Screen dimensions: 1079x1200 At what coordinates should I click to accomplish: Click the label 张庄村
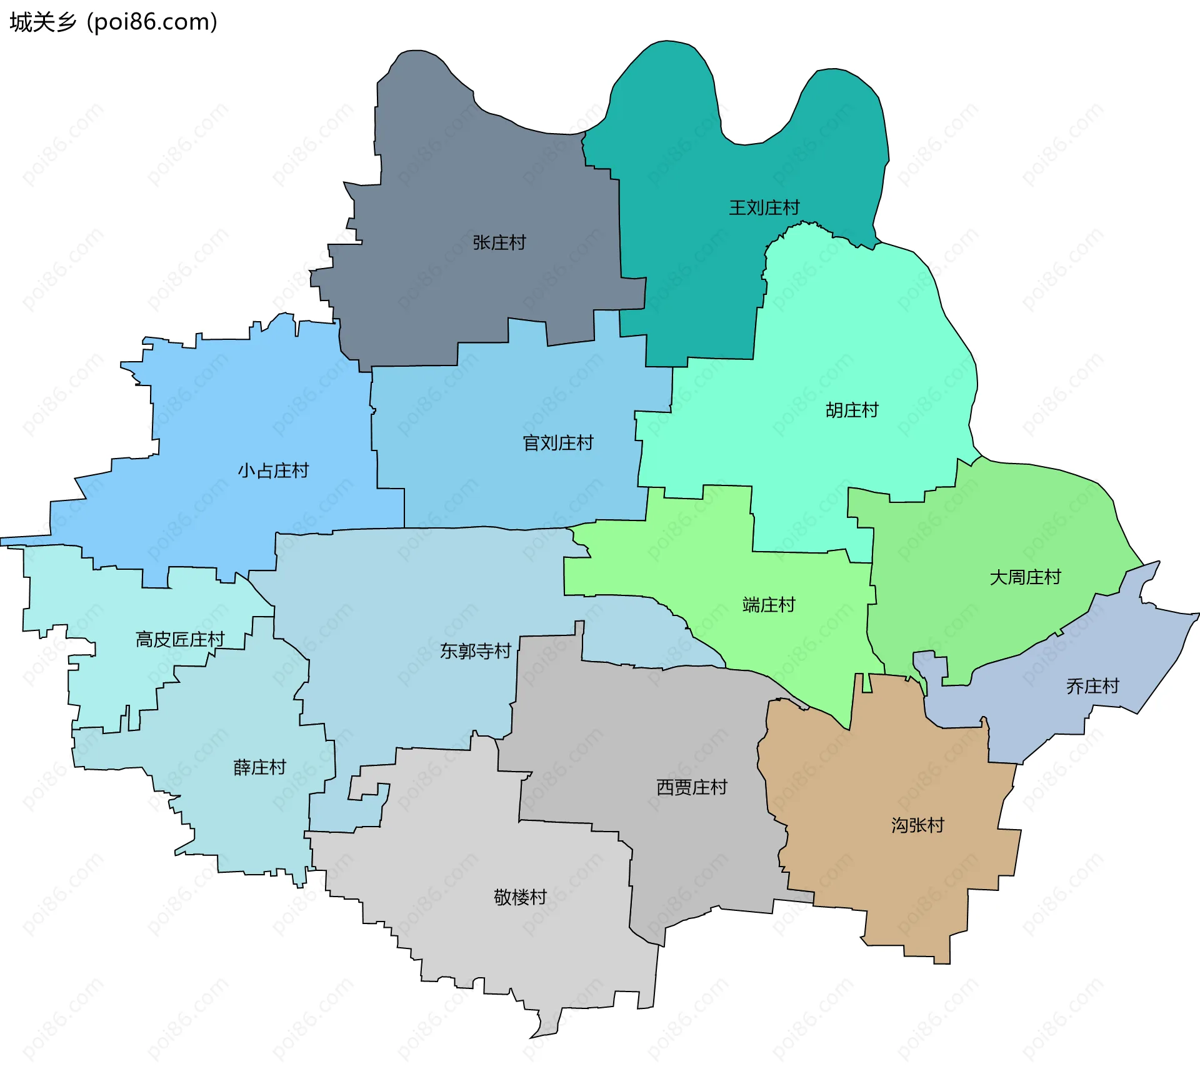[x=499, y=242]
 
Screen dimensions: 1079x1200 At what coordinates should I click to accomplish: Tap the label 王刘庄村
[x=764, y=207]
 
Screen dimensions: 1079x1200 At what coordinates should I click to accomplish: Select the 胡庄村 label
[x=852, y=410]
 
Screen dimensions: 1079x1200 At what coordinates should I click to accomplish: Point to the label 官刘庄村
[x=557, y=443]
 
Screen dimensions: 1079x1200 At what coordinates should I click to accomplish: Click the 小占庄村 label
[x=273, y=470]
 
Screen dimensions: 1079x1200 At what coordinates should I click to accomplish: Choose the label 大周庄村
[x=1025, y=577]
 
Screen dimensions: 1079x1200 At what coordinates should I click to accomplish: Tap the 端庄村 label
[x=768, y=605]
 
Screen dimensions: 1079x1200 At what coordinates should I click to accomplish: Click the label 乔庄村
[x=1092, y=686]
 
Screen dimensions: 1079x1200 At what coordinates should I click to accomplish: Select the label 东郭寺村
[x=475, y=651]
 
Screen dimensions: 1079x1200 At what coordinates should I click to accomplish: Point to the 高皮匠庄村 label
[x=180, y=639]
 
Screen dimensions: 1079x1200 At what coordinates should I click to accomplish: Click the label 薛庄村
[x=259, y=767]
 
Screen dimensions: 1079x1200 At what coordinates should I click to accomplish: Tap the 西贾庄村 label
[x=691, y=787]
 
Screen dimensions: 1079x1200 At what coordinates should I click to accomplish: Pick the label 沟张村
[x=917, y=825]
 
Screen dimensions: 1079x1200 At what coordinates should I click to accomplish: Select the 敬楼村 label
[x=520, y=897]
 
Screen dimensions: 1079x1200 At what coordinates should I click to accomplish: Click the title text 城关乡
[x=42, y=22]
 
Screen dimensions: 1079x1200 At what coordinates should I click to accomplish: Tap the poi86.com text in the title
[x=152, y=22]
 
